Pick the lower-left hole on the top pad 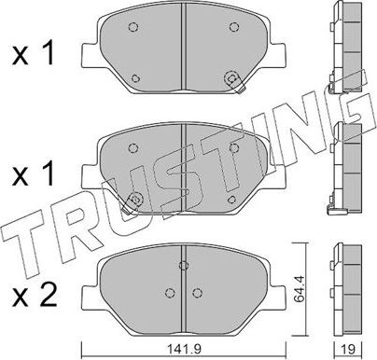click(137, 77)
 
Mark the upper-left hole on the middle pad click(131, 145)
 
